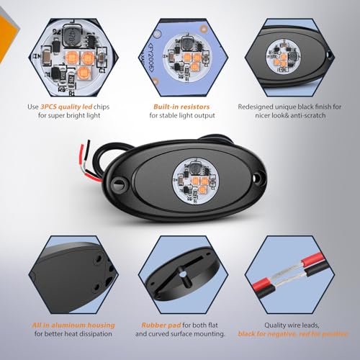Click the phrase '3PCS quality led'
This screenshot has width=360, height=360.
pos(66,107)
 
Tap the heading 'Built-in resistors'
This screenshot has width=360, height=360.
pos(181,107)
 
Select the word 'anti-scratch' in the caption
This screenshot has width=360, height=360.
pos(308,116)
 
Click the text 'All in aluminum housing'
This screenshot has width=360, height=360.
pos(73,325)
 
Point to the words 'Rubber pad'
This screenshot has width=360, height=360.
pos(161,325)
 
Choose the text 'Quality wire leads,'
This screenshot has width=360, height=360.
pos(292,325)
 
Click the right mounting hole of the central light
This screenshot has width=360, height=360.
pos(257,178)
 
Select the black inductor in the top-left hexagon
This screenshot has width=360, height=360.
pos(72,36)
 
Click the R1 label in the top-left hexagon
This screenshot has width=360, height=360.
pos(72,94)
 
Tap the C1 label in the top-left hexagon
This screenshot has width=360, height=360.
pos(102,71)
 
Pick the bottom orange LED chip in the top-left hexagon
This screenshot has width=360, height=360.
pos(84,72)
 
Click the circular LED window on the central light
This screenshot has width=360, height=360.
pos(196,181)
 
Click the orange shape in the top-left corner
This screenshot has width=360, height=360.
pos(7,38)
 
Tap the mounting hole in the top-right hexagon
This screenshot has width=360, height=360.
pos(330,55)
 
